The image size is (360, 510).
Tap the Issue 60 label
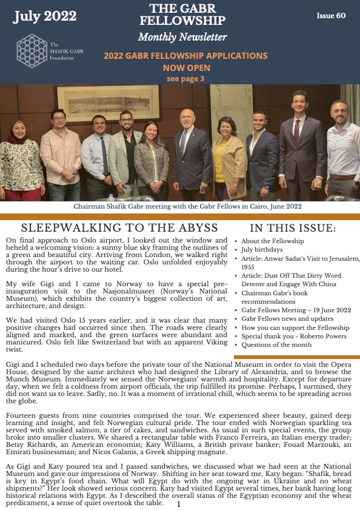331,16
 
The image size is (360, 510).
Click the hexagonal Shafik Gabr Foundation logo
32,51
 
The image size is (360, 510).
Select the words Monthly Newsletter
182,38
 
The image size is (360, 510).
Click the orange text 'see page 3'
185,78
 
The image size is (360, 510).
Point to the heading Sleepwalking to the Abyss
119,228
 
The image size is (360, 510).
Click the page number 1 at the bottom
179,504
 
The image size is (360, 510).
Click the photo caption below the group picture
187,206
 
